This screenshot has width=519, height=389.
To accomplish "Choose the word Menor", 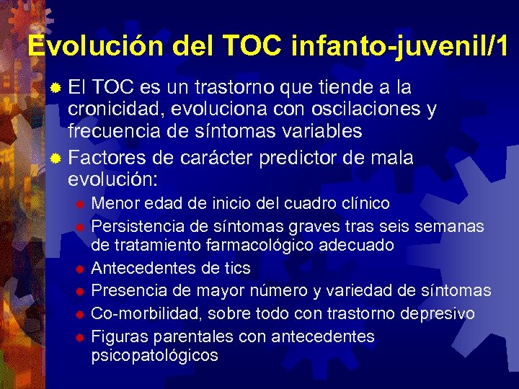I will (114, 203).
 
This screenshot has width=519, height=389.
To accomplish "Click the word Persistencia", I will (136, 226).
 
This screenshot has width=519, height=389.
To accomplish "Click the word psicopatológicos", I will (155, 356).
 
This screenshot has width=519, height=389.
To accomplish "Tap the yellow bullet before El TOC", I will (56, 89).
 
